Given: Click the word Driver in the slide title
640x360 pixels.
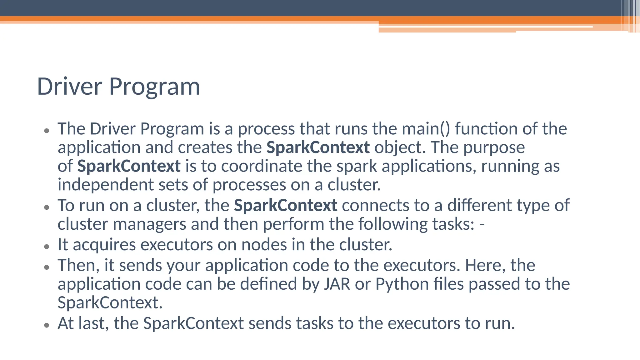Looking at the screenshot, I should [x=69, y=87].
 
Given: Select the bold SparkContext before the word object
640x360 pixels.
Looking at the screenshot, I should [x=318, y=147].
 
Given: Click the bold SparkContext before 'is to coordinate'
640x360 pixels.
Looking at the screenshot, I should [x=129, y=166].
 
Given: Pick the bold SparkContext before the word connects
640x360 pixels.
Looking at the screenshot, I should [x=285, y=206].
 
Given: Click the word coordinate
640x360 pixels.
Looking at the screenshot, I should [x=262, y=166].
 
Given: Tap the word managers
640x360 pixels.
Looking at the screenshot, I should [x=149, y=224].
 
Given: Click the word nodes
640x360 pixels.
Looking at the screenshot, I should [x=264, y=245].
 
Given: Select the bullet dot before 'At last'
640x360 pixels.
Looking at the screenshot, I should [x=47, y=325].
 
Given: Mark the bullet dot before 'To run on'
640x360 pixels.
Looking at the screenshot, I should [x=47, y=207].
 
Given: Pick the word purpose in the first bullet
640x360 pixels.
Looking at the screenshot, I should [x=494, y=147].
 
